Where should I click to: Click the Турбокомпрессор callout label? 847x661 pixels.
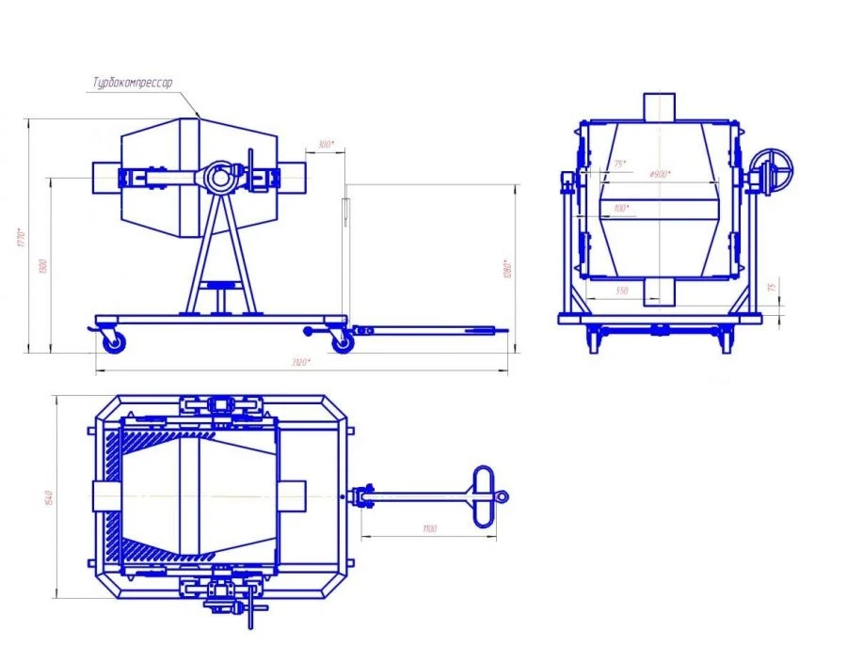132,84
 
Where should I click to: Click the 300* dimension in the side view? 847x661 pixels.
325,145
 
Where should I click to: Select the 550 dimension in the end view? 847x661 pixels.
621,291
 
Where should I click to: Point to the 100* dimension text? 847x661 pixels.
620,208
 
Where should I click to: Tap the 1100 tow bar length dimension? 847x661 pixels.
430,530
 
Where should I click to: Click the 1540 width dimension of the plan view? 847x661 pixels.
48,496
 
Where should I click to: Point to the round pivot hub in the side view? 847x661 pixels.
219,176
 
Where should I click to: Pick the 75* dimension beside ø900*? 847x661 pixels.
619,165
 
